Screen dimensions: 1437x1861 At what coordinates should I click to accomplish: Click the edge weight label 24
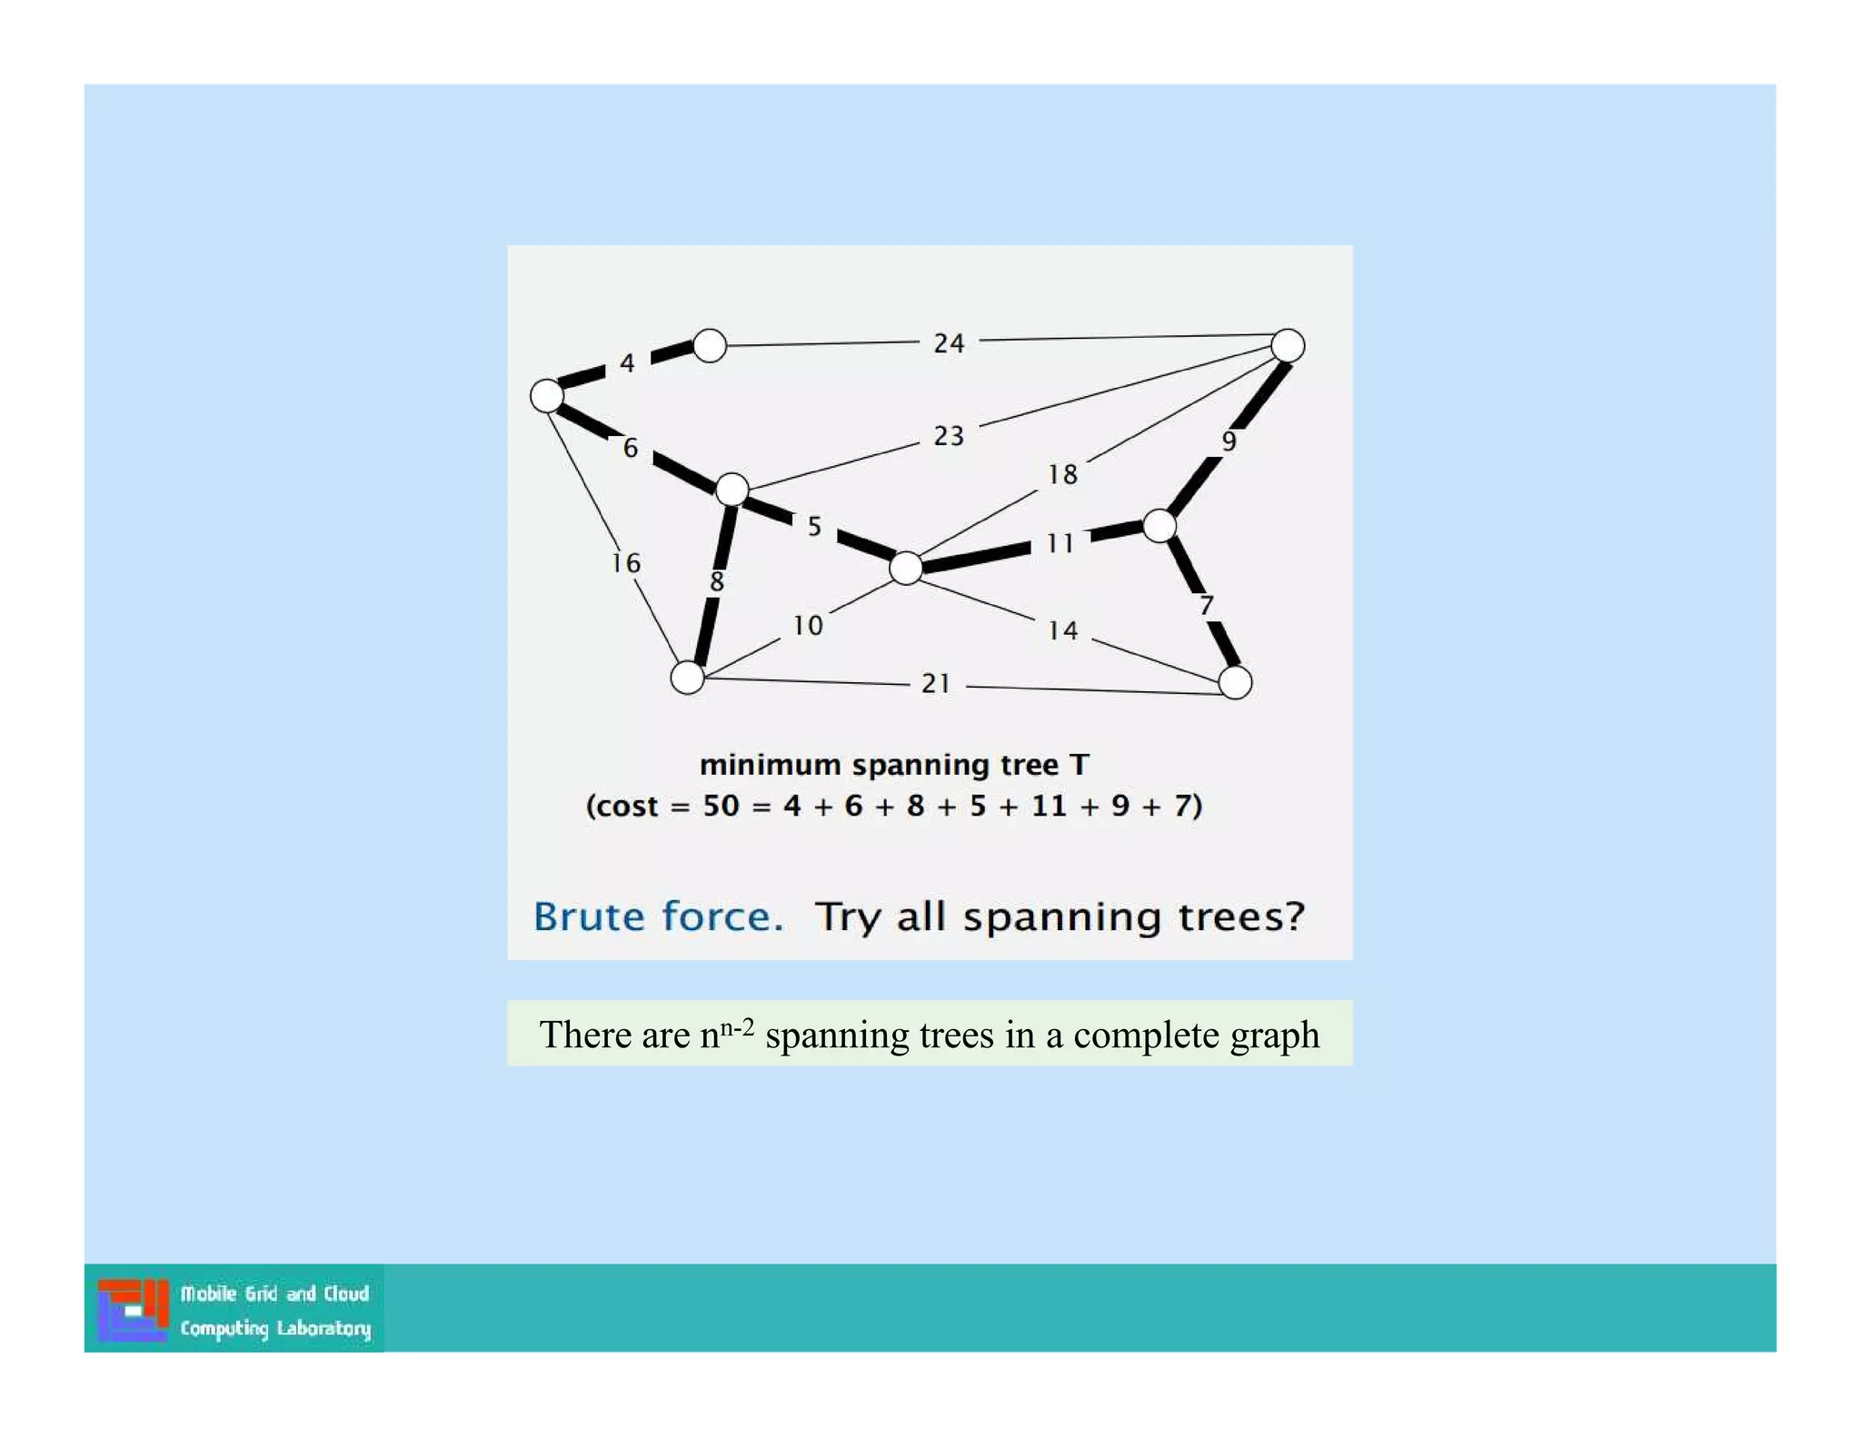pos(949,343)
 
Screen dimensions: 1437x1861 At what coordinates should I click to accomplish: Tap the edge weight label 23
pos(949,436)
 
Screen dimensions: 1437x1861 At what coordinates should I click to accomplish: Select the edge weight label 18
pos(1062,474)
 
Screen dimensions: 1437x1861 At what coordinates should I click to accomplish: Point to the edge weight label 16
pos(626,563)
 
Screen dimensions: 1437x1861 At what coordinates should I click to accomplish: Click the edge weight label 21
pos(936,683)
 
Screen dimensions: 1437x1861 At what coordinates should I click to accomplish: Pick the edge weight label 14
pos(1062,630)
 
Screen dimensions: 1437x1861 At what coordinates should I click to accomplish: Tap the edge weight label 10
pos(807,626)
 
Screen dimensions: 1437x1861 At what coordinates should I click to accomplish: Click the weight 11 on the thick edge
pos(1060,543)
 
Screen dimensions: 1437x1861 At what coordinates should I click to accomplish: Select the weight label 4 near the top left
pos(627,363)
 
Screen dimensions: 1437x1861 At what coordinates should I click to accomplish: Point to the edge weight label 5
pos(815,526)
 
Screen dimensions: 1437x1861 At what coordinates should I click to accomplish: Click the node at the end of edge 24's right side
pos(1288,345)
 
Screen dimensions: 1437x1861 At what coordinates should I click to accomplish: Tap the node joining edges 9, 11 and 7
pos(1159,525)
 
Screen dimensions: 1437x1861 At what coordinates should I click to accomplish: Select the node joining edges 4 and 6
pos(547,396)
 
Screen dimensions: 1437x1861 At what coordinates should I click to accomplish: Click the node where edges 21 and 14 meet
pos(1235,682)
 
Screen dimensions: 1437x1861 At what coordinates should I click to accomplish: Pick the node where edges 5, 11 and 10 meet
pos(906,568)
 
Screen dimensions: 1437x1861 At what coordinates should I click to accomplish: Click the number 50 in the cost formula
pos(721,806)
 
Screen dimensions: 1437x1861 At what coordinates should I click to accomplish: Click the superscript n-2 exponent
pos(737,1027)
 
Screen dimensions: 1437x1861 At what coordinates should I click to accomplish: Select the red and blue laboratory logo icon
pos(133,1309)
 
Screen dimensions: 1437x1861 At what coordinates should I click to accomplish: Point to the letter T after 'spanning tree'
pos(1079,765)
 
